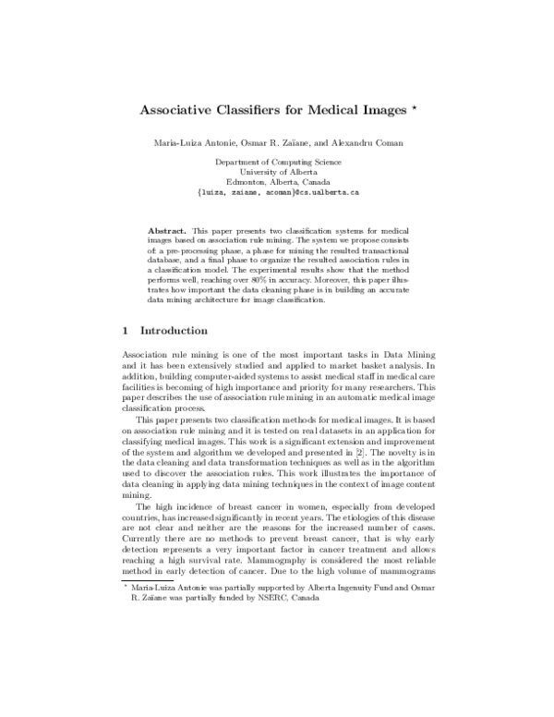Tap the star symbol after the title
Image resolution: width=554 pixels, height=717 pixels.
point(416,106)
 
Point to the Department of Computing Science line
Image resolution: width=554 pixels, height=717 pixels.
point(278,162)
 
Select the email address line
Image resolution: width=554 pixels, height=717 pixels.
point(278,193)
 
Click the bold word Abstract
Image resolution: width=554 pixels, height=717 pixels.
point(167,227)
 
